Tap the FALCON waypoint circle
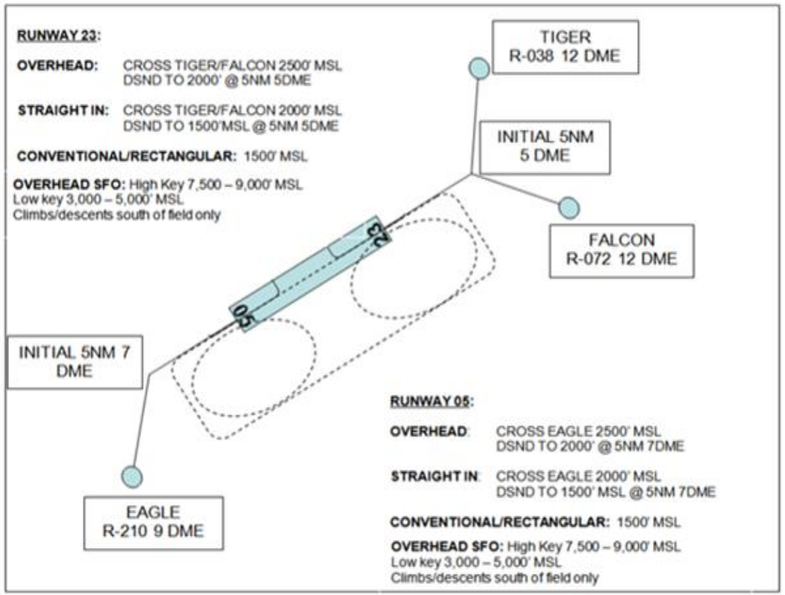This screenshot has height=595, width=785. tap(568, 207)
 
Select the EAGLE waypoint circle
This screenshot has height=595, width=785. tap(131, 476)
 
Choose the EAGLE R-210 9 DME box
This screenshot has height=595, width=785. tap(153, 522)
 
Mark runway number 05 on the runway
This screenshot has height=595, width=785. tap(244, 315)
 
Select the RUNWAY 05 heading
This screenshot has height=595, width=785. tap(430, 401)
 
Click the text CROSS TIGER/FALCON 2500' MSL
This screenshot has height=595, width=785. tap(232, 67)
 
